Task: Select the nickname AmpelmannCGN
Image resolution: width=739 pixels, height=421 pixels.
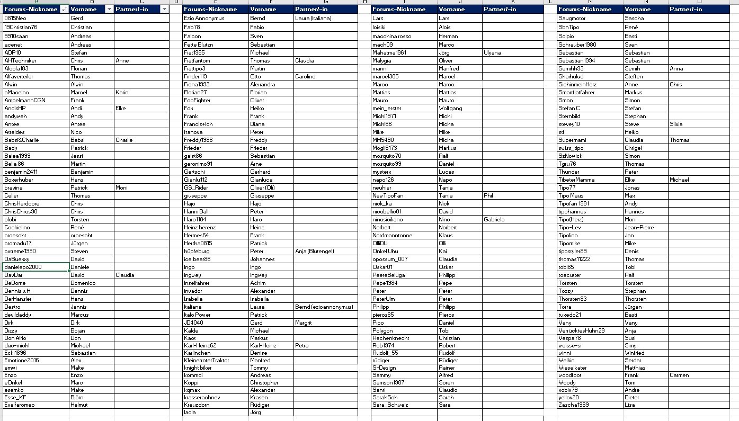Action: pos(25,100)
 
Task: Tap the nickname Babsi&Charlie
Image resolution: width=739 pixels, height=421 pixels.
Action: pos(22,140)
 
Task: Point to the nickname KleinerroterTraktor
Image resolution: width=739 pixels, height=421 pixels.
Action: pos(207,360)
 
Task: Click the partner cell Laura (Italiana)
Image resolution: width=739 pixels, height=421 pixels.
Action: pos(313,19)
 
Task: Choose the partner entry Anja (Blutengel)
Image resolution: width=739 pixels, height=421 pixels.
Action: pos(315,252)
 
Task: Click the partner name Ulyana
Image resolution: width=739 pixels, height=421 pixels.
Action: pos(492,53)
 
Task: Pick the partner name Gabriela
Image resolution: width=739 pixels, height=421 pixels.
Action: pos(494,219)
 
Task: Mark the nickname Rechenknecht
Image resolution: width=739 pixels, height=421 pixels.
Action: pos(391,338)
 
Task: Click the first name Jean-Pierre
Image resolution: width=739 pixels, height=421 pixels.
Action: pos(639,228)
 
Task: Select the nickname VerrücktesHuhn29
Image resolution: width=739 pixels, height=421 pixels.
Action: pos(582,330)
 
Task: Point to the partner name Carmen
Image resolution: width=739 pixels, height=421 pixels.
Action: pos(679,375)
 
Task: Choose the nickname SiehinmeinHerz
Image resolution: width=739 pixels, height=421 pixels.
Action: pos(577,85)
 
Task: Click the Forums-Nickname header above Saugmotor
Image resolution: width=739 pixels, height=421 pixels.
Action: pos(585,9)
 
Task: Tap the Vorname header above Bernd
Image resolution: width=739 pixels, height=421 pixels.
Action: pos(263,9)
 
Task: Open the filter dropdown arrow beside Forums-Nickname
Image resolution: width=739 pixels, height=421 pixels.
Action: pos(64,9)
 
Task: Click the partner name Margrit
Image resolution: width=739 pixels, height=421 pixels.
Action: pos(304,323)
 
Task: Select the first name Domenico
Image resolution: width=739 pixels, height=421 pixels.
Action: pos(83,283)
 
